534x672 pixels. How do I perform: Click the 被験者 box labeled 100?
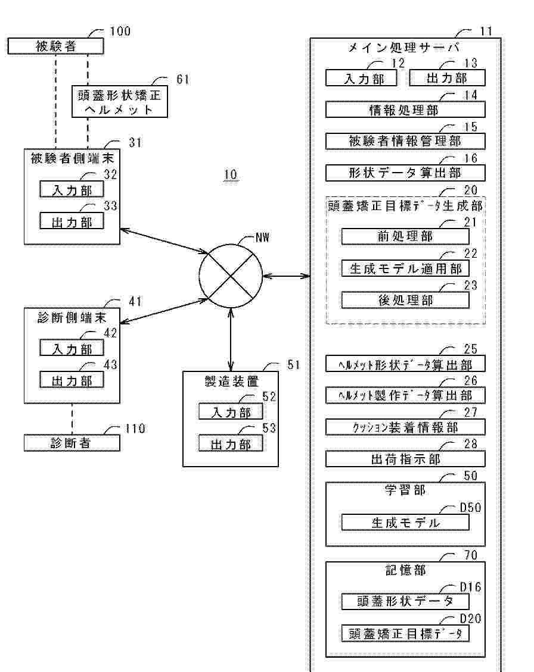pyautogui.click(x=55, y=46)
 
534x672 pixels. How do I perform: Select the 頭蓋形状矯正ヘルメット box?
pyautogui.click(x=120, y=101)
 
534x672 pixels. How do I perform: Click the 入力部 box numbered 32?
pyautogui.click(x=72, y=189)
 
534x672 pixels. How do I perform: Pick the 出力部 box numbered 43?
pyautogui.click(x=72, y=379)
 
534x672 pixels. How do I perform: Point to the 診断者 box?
pyautogui.click(x=72, y=443)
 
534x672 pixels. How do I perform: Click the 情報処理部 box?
pyautogui.click(x=405, y=110)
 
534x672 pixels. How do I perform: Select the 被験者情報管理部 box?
pyautogui.click(x=405, y=141)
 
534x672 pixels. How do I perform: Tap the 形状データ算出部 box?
pyautogui.click(x=405, y=173)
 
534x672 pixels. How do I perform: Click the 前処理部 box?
pyautogui.click(x=405, y=236)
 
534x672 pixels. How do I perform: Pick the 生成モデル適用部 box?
pyautogui.click(x=405, y=268)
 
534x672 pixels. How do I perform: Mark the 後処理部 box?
pyautogui.click(x=405, y=300)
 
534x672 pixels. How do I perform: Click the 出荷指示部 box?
pyautogui.click(x=405, y=459)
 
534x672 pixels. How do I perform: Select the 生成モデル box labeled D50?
pyautogui.click(x=405, y=522)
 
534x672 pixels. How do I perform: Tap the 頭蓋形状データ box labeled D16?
pyautogui.click(x=405, y=601)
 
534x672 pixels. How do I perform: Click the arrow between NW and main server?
pyautogui.click(x=286, y=276)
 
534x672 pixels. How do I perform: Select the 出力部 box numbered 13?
pyautogui.click(x=447, y=78)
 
